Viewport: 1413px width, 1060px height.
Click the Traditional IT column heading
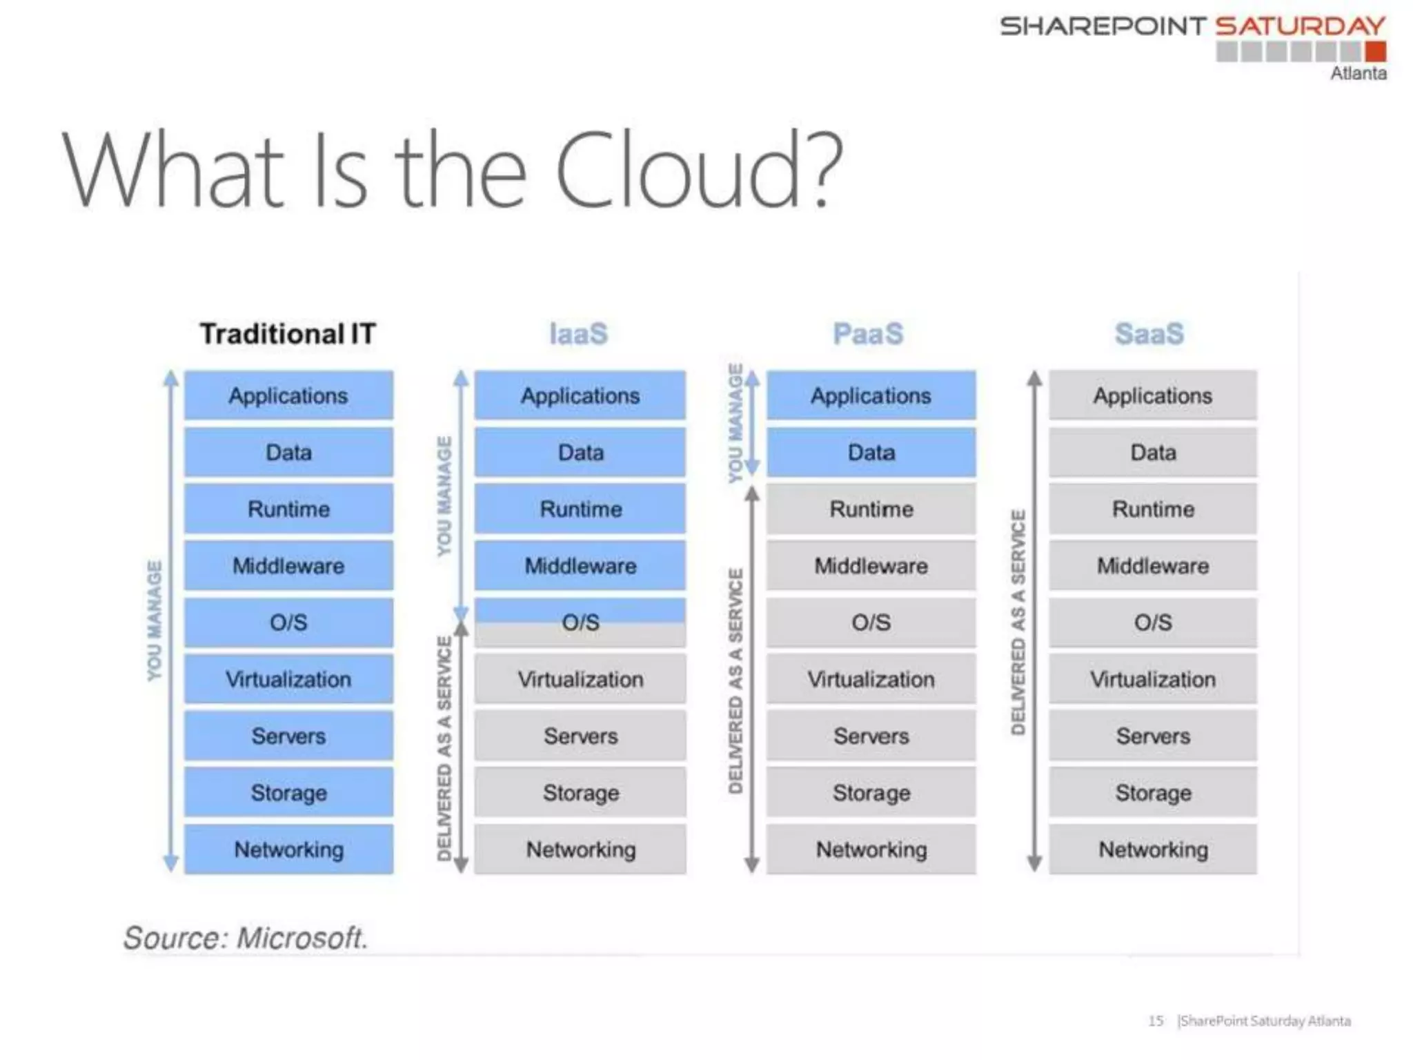[x=288, y=334]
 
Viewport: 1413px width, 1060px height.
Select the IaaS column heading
[x=578, y=334]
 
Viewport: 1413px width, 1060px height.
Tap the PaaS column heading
[x=868, y=334]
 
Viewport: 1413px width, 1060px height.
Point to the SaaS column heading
[x=1149, y=334]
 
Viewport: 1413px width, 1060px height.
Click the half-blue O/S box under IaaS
[x=580, y=622]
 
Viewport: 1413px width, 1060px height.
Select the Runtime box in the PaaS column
[x=871, y=509]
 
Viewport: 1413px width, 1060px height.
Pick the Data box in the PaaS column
[x=871, y=453]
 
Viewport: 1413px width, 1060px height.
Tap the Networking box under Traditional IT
[x=288, y=850]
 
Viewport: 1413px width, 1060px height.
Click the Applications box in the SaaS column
[x=1152, y=396]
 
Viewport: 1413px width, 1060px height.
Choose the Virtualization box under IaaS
[x=580, y=680]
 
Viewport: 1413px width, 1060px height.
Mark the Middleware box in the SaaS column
[x=1152, y=566]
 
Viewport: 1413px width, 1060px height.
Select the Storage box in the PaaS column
[x=871, y=793]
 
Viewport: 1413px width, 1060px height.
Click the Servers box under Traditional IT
[x=288, y=736]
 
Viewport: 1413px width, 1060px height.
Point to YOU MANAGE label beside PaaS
[x=736, y=422]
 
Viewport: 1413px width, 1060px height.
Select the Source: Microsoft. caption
[x=245, y=938]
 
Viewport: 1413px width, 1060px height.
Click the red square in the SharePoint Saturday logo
[x=1375, y=52]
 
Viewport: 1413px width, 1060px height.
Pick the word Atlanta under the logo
[x=1358, y=74]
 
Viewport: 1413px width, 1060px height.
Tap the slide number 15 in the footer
[x=1156, y=1021]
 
